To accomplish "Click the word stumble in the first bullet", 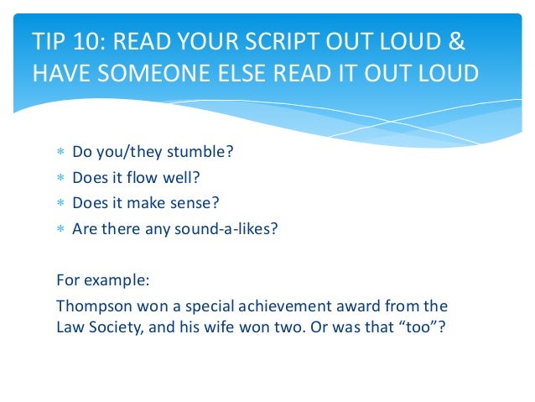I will click(200, 153).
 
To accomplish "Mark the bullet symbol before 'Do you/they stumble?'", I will click(60, 154).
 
